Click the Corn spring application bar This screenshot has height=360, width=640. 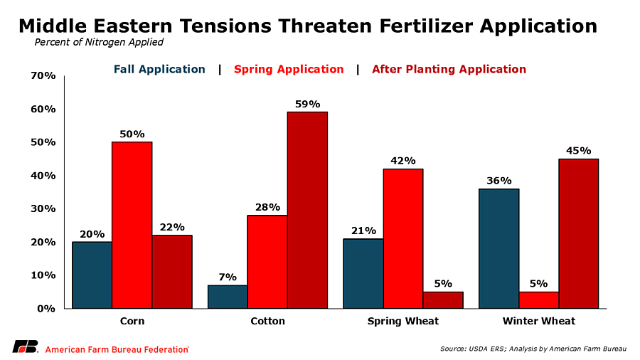132,225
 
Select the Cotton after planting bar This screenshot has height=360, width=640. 307,210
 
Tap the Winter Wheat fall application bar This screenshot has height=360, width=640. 498,248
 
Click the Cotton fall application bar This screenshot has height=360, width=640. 228,297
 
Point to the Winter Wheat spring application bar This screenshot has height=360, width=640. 538,300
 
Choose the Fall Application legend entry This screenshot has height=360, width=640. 159,69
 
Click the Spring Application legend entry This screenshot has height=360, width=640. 288,69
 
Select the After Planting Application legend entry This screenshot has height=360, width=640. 449,69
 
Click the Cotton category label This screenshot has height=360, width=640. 267,321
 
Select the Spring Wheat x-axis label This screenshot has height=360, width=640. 403,321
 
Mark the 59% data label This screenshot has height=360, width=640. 307,104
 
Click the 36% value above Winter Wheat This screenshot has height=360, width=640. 498,181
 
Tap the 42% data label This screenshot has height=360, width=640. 403,161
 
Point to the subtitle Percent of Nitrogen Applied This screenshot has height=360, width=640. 99,42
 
